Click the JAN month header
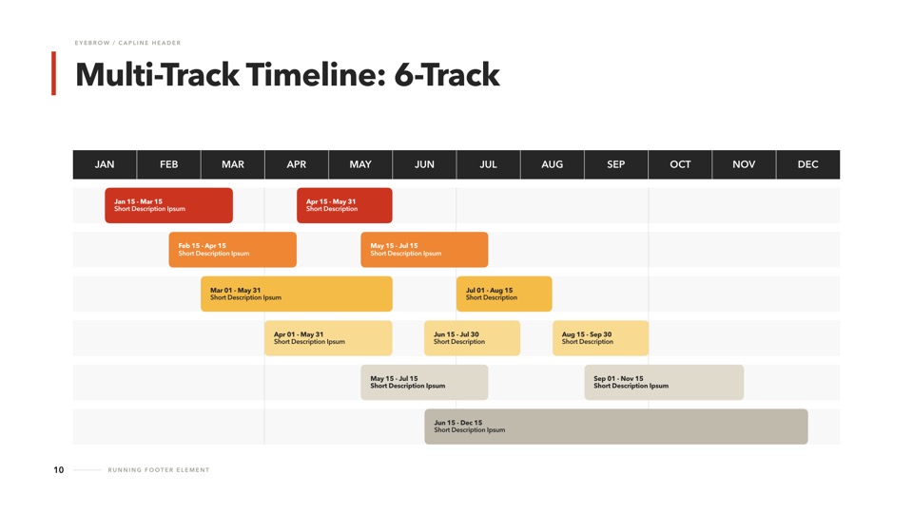tap(105, 164)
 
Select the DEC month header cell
tap(808, 164)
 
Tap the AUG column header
tap(552, 164)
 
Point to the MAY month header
tap(360, 164)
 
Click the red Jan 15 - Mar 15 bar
tap(169, 205)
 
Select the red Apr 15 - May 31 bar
tap(344, 205)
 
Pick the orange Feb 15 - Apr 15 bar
tap(232, 250)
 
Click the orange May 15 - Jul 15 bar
tap(424, 250)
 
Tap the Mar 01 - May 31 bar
tap(297, 294)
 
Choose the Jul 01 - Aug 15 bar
tap(504, 294)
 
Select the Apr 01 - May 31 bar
tap(328, 338)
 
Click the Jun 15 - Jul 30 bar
tap(473, 338)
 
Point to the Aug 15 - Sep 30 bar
tap(600, 338)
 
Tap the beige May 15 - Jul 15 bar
tap(424, 382)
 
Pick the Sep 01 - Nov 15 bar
tap(664, 382)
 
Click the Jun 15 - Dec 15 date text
tap(458, 423)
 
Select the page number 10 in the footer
tap(59, 470)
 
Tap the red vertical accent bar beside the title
tap(53, 73)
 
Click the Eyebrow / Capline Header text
tap(127, 43)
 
